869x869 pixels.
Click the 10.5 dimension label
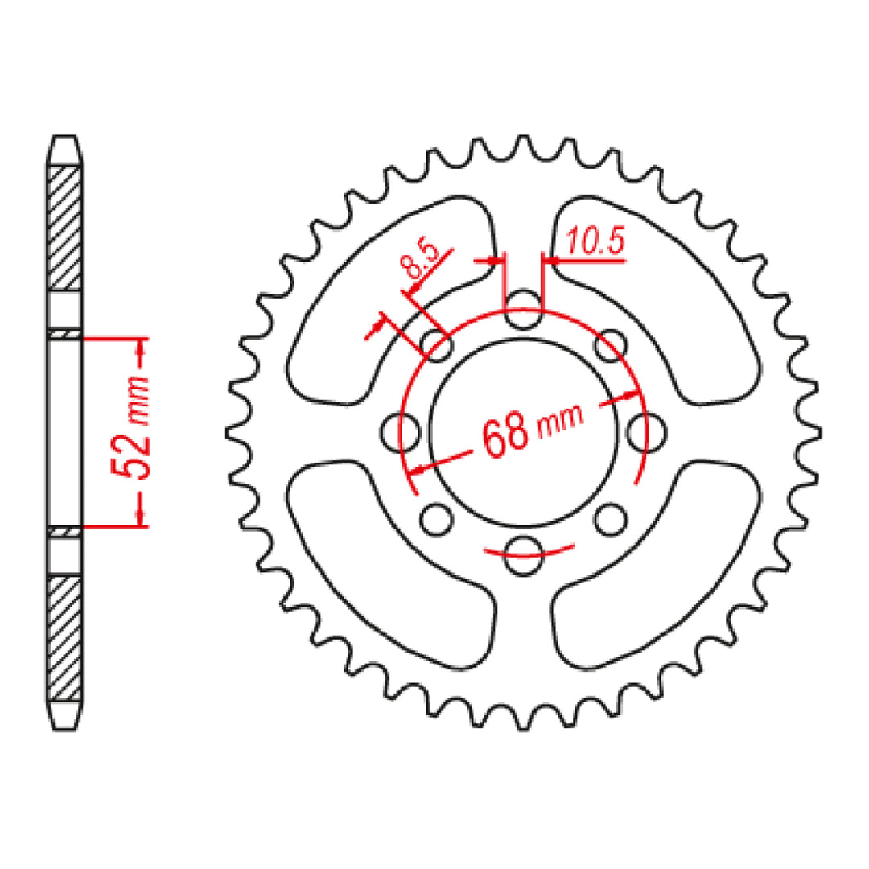[595, 244]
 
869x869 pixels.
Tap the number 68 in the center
[506, 434]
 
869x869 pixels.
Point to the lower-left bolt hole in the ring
[437, 520]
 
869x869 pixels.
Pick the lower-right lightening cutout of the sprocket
[668, 563]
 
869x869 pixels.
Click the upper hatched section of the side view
[66, 228]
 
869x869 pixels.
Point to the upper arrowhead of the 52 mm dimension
[142, 349]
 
